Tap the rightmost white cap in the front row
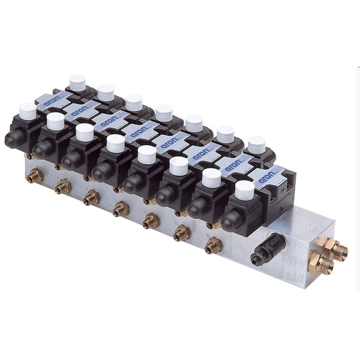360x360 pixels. tap(245, 190)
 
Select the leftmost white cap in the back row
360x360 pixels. tap(77, 82)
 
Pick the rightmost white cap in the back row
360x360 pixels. tap(256, 143)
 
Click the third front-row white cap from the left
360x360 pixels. tap(84, 132)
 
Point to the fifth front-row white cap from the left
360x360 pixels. tap(147, 155)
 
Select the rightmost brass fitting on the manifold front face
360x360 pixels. tap(213, 245)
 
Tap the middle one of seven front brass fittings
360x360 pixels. tap(121, 209)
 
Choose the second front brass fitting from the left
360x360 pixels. tap(63, 186)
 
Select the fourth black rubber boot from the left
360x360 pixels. tap(103, 173)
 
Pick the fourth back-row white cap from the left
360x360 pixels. tap(163, 112)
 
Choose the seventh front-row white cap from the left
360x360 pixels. tap(211, 178)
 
